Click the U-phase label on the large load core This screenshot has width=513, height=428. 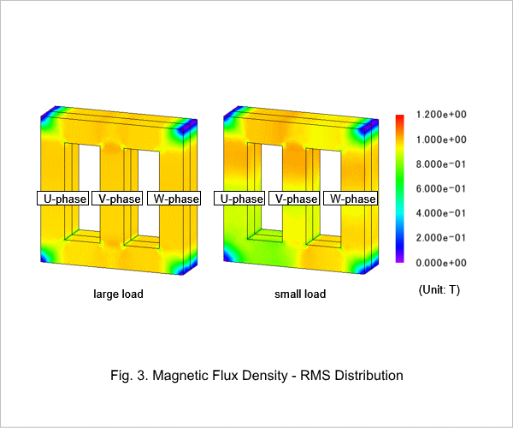click(x=62, y=199)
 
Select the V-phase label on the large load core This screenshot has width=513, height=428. click(x=117, y=199)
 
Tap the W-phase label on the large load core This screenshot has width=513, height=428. click(x=174, y=199)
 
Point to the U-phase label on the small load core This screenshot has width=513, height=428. click(x=239, y=199)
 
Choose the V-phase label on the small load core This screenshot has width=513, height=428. click(x=294, y=199)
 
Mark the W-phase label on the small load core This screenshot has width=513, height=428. click(x=351, y=199)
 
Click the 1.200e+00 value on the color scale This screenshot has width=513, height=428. click(x=441, y=115)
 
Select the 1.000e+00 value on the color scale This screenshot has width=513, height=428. click(x=441, y=140)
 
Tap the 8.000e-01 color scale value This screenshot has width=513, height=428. click(x=440, y=164)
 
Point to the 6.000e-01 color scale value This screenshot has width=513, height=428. click(x=440, y=188)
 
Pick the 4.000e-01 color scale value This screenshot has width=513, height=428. click(x=440, y=213)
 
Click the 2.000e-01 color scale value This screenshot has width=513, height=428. click(x=440, y=238)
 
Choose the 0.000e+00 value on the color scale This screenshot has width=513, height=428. click(x=441, y=263)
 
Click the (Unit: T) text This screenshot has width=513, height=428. click(x=439, y=290)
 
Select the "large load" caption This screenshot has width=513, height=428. click(x=119, y=294)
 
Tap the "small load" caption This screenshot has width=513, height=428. click(x=300, y=294)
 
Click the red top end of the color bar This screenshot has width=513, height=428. click(x=400, y=116)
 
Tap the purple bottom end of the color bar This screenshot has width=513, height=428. click(x=400, y=261)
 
